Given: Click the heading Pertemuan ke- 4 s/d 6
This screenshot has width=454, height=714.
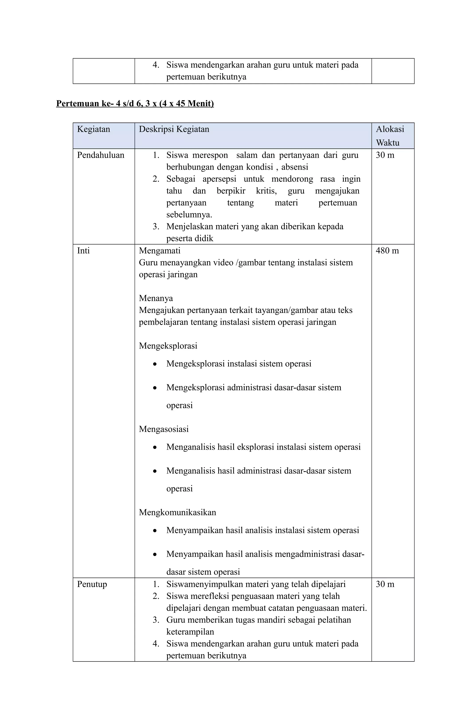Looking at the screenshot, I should coord(135,103).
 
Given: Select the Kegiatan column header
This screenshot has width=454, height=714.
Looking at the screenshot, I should coord(94,129).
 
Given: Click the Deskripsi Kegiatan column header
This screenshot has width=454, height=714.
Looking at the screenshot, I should coord(174,129).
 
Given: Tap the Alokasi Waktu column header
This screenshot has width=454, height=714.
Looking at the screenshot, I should coord(390,136).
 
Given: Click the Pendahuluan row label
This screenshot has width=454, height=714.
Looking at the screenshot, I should coord(100,155).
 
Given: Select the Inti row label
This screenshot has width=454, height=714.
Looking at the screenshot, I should coord(83,251).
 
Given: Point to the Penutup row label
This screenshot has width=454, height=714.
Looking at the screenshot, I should coord(92,584).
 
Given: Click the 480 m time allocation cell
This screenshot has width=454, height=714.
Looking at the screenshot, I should coord(387,251).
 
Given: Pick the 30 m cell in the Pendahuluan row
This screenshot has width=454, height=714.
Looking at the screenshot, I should coord(385,155).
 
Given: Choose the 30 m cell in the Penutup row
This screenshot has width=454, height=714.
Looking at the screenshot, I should coord(385,584).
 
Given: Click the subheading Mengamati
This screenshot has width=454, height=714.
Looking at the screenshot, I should coord(160,251).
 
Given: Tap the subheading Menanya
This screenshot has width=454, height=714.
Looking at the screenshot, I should coord(156,298).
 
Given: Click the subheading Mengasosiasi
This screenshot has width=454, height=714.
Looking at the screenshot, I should coord(164,429).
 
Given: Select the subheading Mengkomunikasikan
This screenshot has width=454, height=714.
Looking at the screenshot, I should coord(177,512).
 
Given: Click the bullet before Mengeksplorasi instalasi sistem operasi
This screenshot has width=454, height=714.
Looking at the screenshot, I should coord(155,364).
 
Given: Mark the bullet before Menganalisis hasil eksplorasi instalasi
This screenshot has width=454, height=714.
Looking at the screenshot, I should coord(155,447).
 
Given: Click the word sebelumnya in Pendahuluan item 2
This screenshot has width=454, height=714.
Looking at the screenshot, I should coord(189,215).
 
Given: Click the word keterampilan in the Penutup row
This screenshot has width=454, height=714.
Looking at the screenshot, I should coord(190,632).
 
